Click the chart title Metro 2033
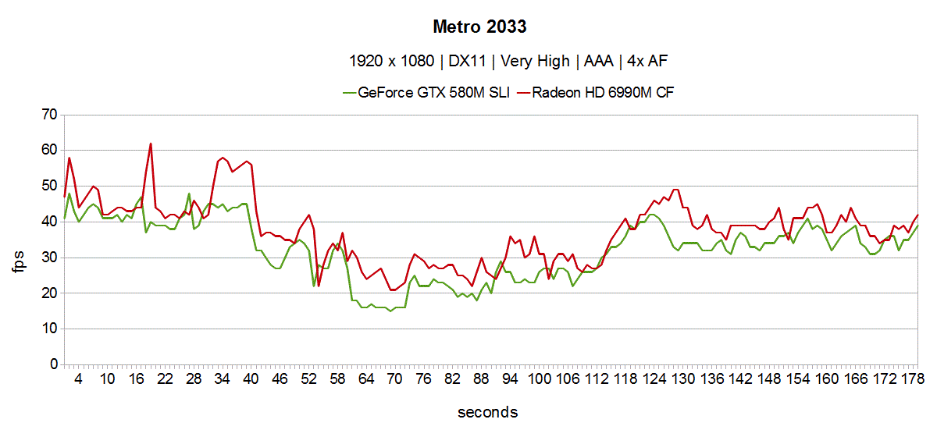[x=480, y=27]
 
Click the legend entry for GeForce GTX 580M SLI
[x=433, y=93]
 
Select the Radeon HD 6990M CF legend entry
[x=603, y=93]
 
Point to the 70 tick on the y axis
[x=49, y=115]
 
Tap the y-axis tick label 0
[x=54, y=364]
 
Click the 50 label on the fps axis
[x=49, y=186]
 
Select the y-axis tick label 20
[x=49, y=293]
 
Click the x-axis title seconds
[x=488, y=411]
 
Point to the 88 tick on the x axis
[x=482, y=378]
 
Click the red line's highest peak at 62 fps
[x=151, y=144]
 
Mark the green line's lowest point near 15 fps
[x=390, y=311]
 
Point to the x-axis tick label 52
[x=309, y=378]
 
